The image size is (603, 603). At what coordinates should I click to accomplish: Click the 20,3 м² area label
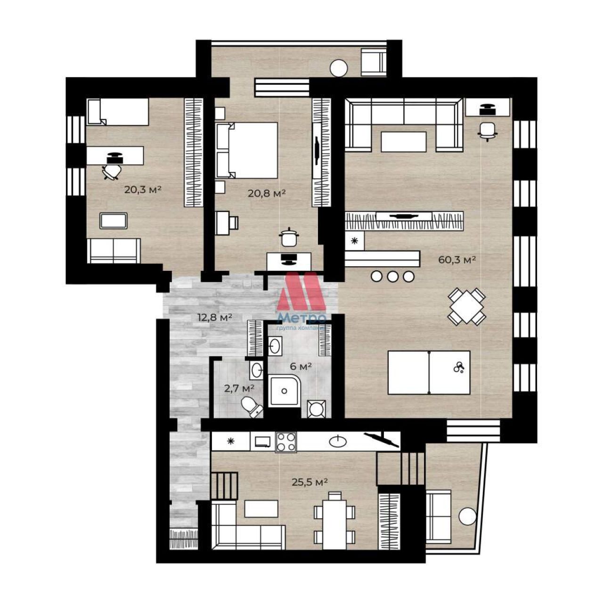pos(143,189)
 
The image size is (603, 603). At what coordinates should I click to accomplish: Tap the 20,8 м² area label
pos(267,193)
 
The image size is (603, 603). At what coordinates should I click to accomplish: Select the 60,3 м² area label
pos(457,260)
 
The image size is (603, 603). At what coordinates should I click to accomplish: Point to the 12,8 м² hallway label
pos(215,318)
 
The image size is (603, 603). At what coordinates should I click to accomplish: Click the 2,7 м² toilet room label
pos(239,389)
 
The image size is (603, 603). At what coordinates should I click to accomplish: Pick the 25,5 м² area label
pos(310,482)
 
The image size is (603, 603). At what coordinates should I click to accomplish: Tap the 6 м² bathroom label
pos(301,367)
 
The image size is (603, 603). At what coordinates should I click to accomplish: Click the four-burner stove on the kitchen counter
pos(285,442)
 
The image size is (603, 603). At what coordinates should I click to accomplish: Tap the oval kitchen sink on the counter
pos(338,441)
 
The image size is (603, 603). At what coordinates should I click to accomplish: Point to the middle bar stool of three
pos(392,277)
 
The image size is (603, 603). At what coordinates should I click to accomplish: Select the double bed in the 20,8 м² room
pos(246,150)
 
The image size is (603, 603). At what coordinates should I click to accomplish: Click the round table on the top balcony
pos(339,67)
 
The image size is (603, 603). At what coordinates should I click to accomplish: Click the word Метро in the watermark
pos(302,318)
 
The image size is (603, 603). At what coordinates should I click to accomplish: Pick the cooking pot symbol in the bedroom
pos(289,237)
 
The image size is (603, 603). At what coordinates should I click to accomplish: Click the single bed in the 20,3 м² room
pos(117,112)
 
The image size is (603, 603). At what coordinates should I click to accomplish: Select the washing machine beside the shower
pos(317,409)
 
